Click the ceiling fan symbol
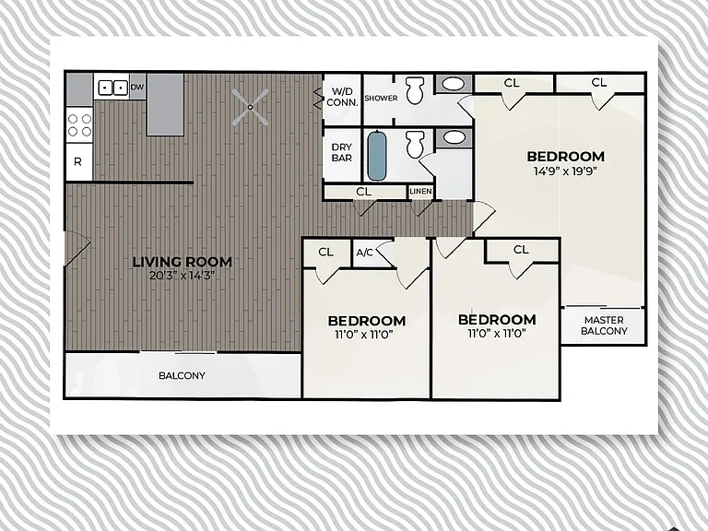(250, 107)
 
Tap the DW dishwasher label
(137, 87)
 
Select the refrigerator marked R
(78, 161)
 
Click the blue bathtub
(377, 155)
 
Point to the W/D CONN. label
(342, 97)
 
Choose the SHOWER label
(381, 98)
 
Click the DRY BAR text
(342, 153)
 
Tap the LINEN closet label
(420, 192)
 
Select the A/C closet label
(364, 253)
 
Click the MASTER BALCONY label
(604, 325)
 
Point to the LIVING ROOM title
(183, 262)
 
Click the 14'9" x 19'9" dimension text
(565, 171)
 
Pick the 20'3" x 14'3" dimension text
(182, 276)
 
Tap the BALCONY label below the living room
(182, 376)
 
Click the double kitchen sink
(112, 87)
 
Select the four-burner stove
(79, 125)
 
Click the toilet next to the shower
(416, 89)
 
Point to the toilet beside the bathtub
(415, 144)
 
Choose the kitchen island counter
(165, 104)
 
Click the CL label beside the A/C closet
(325, 252)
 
